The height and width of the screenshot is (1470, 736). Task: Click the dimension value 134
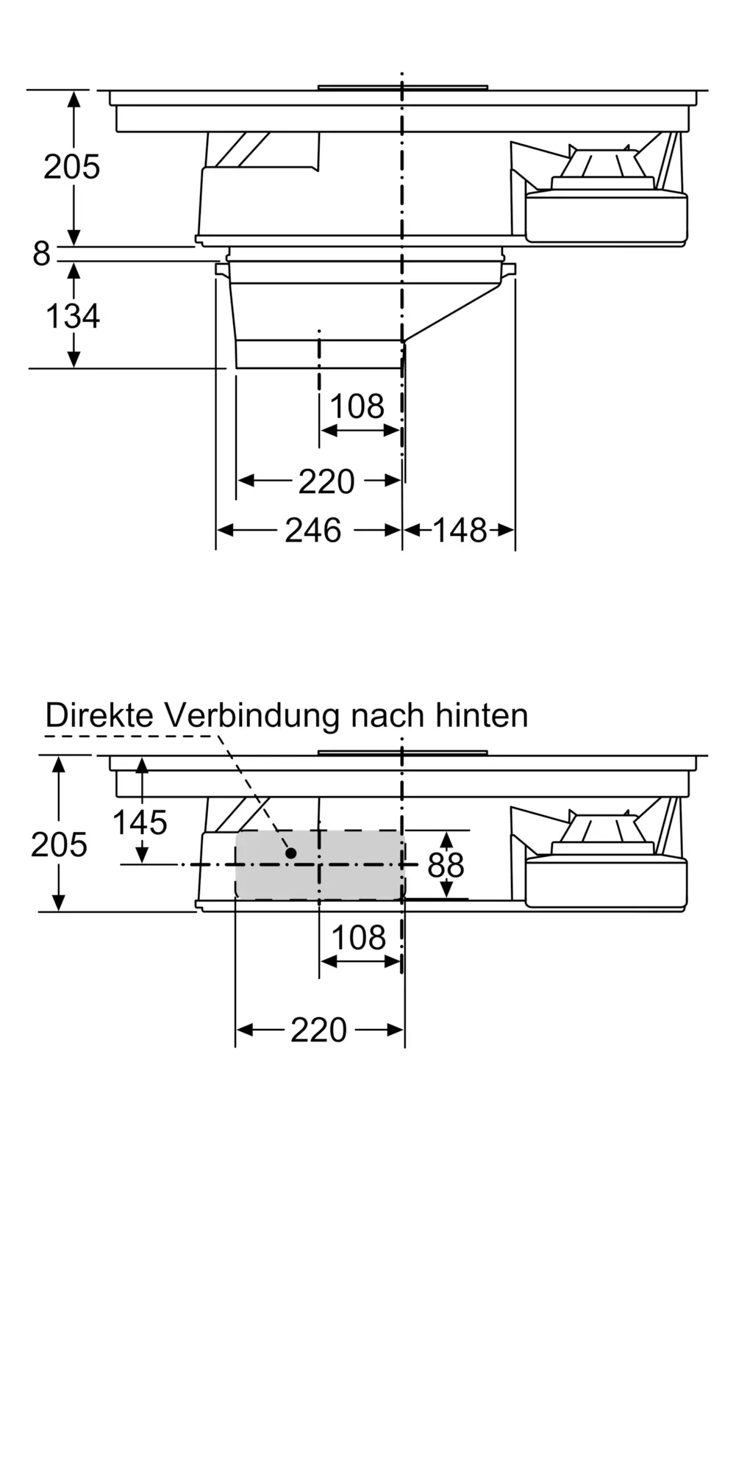[73, 316]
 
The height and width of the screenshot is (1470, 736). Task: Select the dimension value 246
[313, 531]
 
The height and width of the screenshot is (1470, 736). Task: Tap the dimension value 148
[460, 531]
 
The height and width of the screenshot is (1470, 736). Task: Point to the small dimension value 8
[41, 254]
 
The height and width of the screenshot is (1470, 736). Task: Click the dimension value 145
[140, 822]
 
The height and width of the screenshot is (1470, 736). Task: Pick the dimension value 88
[446, 866]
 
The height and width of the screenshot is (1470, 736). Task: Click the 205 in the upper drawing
[71, 167]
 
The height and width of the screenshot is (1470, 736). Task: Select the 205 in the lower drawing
[59, 845]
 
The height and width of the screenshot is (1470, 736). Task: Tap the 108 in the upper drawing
[357, 406]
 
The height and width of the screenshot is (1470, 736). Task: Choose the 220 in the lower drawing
[318, 1030]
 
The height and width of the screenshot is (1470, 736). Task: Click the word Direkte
[100, 715]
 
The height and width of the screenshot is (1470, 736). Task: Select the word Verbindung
[254, 715]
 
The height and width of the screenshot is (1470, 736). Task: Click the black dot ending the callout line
[291, 853]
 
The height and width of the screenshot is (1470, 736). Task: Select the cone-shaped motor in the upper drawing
[604, 165]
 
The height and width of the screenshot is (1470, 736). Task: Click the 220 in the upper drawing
[326, 482]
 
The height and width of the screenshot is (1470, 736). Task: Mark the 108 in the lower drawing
[358, 939]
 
